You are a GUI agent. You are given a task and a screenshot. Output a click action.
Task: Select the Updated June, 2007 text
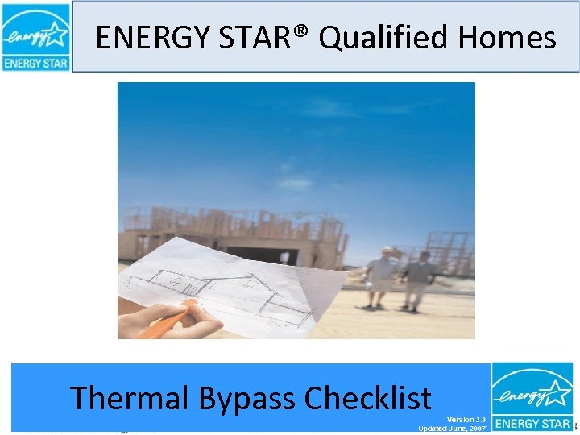click(452, 429)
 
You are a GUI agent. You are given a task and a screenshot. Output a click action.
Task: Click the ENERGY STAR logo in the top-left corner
click(36, 37)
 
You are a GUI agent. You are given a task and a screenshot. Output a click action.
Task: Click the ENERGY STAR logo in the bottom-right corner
click(532, 397)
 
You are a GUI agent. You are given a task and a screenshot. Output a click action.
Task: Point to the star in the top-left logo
click(56, 33)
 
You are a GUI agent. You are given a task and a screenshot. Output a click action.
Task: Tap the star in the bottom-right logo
click(557, 391)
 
